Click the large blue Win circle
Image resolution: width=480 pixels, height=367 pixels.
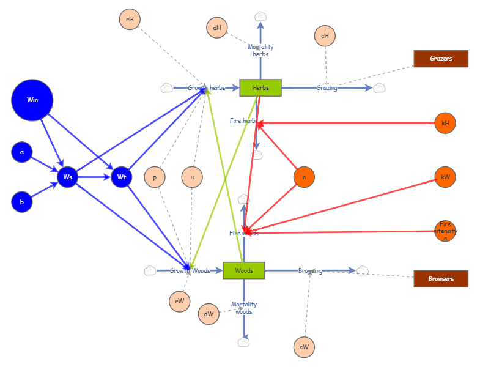point(32,100)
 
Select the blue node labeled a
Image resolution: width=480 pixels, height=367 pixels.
point(22,152)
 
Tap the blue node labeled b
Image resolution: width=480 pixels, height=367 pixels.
point(22,202)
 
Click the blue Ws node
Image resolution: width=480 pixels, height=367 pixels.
point(68,177)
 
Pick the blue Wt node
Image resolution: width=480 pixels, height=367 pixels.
point(122,177)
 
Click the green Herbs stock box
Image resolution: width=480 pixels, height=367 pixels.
point(260,88)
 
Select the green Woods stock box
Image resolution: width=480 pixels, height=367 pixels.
point(244,270)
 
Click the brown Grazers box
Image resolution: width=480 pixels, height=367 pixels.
point(441,59)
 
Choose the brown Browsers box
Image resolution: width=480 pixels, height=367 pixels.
point(441,279)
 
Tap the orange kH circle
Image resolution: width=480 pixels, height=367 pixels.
point(445,123)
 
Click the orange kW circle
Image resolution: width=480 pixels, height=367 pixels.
point(445,177)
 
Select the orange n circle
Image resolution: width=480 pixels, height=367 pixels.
point(304,177)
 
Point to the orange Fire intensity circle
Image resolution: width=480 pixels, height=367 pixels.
point(445,231)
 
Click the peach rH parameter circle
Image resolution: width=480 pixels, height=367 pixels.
point(130,20)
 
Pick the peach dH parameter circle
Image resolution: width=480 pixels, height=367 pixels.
point(217,28)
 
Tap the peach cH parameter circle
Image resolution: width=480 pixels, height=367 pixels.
point(325,36)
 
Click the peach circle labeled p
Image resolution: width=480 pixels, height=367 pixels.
point(155,177)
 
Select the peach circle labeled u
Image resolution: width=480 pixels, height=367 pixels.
point(192,177)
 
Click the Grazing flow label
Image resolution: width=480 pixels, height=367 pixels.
point(327,88)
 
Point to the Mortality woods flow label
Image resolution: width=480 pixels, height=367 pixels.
point(244,308)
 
